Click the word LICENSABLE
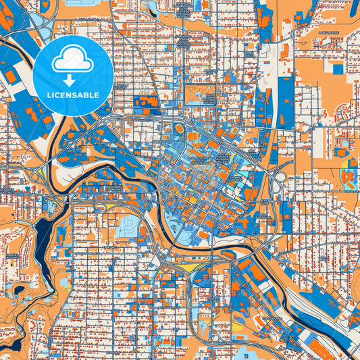coord(73,95)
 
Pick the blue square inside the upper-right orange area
coord(337,68)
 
